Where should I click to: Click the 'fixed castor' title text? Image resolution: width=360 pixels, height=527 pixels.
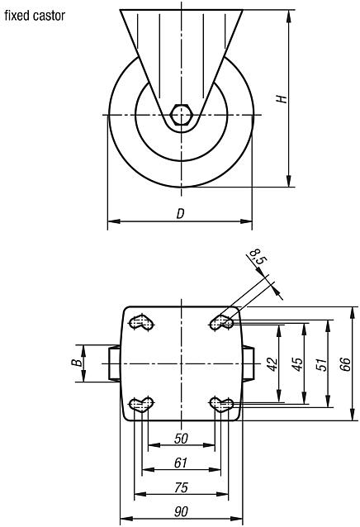[x=35, y=16]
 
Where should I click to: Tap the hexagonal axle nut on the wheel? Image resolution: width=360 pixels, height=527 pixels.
[x=182, y=114]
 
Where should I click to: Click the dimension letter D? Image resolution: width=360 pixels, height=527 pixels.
[x=180, y=214]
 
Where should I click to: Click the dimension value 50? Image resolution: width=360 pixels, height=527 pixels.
[x=181, y=438]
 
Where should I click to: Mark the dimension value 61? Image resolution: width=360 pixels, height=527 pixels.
[x=181, y=463]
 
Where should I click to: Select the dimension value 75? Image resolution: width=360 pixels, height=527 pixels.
[x=181, y=487]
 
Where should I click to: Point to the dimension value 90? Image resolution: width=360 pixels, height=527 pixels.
[x=181, y=512]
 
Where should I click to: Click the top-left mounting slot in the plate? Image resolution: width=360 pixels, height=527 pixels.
[x=144, y=322]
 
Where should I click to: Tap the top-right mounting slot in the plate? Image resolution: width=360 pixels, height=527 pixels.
[x=220, y=322]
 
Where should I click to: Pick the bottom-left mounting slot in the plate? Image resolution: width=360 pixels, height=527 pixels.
[x=144, y=404]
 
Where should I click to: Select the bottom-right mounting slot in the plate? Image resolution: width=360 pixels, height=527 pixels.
[x=220, y=404]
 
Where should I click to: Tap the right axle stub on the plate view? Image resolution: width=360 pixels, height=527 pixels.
[x=247, y=363]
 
